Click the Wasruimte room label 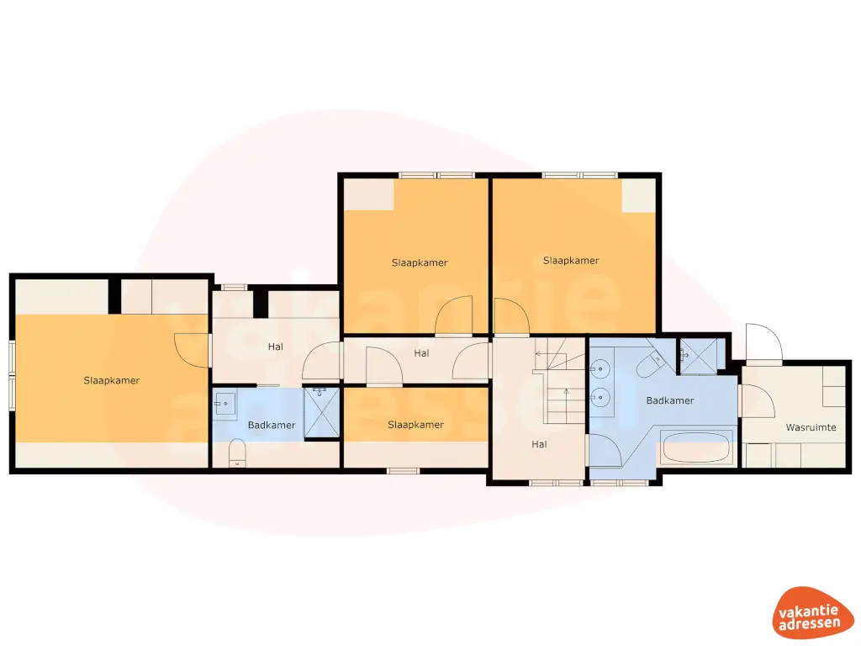[811, 427]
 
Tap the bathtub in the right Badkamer [695, 447]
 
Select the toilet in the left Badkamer [236, 453]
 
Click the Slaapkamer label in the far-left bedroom [112, 380]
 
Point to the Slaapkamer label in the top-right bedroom [571, 261]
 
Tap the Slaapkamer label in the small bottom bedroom [415, 425]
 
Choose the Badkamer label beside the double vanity [670, 400]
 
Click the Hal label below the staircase [539, 443]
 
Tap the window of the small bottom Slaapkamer [403, 470]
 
